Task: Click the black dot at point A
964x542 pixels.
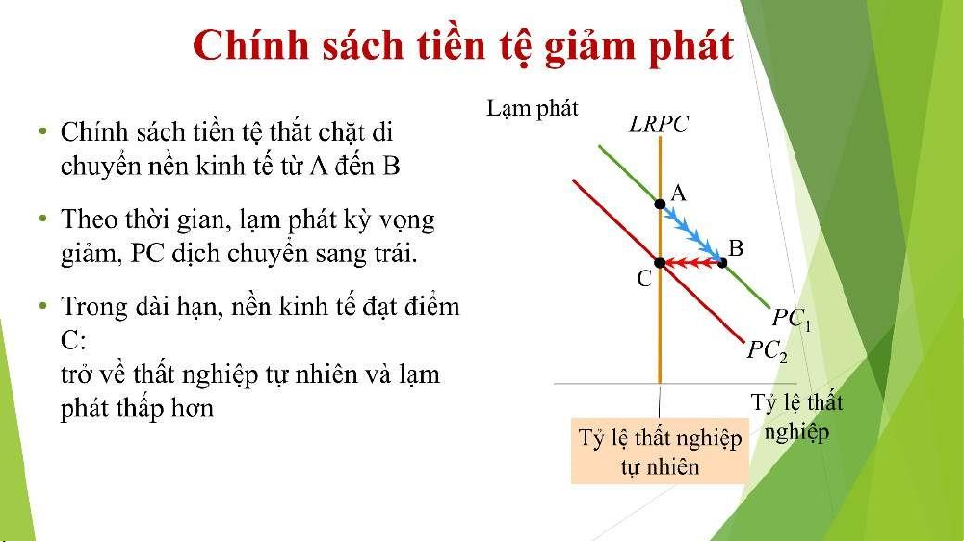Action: coord(660,203)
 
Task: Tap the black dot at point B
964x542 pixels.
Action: coord(722,263)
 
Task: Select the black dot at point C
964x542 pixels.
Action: coord(660,263)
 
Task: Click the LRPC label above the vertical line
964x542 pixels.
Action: coord(659,123)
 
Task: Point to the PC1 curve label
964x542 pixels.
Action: coord(792,319)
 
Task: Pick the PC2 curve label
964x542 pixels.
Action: coord(768,350)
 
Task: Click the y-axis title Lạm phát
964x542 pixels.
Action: coord(533,110)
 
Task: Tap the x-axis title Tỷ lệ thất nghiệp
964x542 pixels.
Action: coord(796,417)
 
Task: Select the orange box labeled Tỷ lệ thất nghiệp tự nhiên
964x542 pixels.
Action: coord(661,452)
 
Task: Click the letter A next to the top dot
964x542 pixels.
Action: coord(678,193)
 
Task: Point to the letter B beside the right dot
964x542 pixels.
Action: coord(736,248)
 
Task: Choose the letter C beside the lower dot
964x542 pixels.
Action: coord(643,278)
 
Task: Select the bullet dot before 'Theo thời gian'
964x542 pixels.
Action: coord(42,219)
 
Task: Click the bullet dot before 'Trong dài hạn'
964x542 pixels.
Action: coord(42,305)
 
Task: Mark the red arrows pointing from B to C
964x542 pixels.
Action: coord(692,263)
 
